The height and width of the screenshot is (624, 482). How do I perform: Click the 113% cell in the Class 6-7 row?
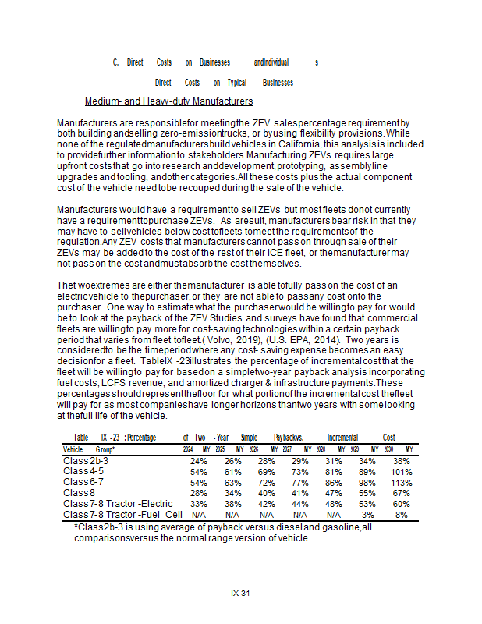[x=402, y=483]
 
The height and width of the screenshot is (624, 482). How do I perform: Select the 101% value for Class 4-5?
[x=402, y=472]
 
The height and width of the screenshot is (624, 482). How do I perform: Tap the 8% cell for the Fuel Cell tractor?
[x=402, y=515]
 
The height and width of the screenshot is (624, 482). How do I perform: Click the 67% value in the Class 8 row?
[x=402, y=493]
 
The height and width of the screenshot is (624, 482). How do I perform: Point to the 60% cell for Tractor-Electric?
[x=402, y=504]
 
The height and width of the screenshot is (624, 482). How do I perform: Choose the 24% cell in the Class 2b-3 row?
[x=199, y=461]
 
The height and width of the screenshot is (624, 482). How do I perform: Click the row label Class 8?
[x=80, y=493]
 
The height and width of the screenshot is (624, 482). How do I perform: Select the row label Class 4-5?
[x=83, y=472]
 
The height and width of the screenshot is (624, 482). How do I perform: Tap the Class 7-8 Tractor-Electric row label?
[x=118, y=504]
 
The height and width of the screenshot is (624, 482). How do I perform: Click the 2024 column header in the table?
[x=188, y=450]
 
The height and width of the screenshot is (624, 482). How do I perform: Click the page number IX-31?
[x=240, y=594]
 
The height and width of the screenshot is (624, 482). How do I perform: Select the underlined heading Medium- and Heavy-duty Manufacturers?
[x=168, y=101]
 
